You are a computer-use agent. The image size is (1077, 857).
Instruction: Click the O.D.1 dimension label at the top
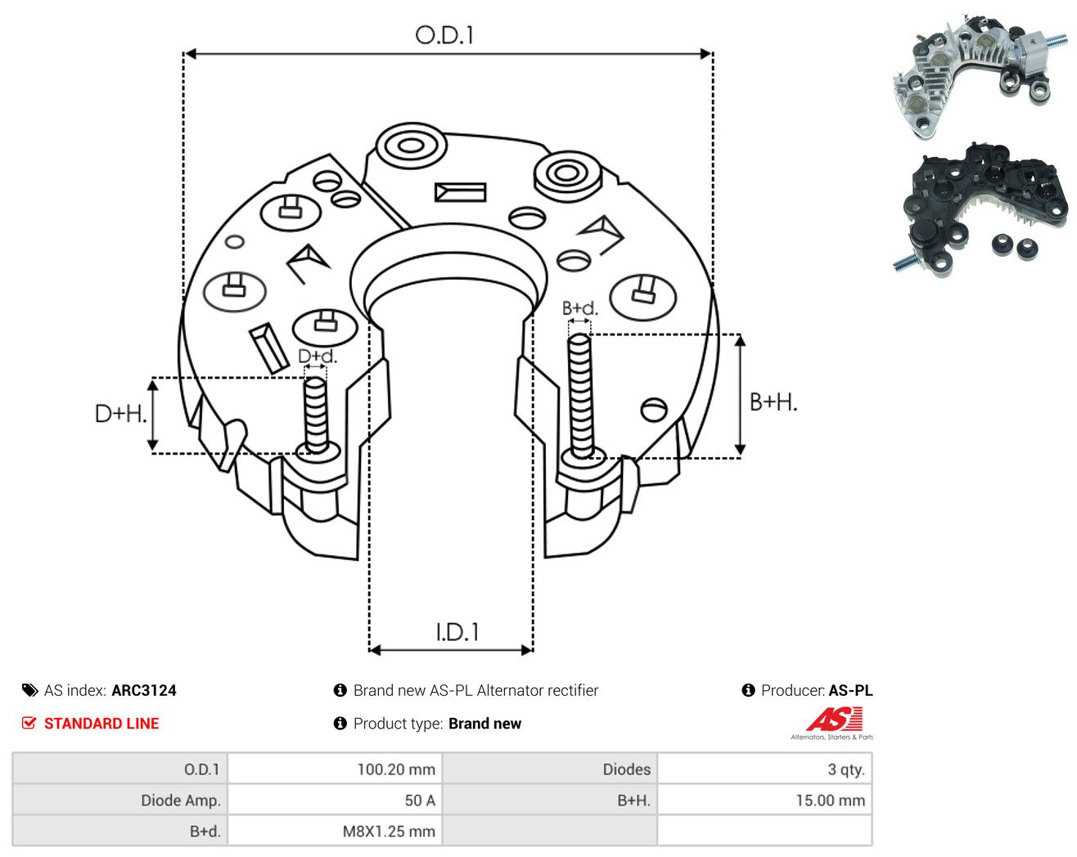(444, 35)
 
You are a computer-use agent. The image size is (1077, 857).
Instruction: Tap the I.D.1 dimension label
(457, 632)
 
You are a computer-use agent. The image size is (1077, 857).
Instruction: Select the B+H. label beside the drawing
(773, 402)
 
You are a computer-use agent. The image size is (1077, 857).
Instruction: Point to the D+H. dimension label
(120, 414)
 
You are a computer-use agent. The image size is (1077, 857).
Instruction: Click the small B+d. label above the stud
(580, 308)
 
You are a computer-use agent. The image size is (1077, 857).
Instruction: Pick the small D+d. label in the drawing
(318, 356)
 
